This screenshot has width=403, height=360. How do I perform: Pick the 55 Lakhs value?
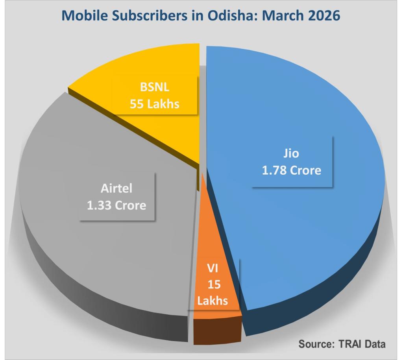155,104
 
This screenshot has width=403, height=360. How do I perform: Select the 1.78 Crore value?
292,171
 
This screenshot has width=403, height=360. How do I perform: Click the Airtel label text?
116,188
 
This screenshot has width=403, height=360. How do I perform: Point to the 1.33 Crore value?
116,205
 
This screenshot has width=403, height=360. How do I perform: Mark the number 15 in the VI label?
213,284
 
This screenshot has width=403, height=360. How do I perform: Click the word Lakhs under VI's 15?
213,301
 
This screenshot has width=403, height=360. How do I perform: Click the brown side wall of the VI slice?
218,330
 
